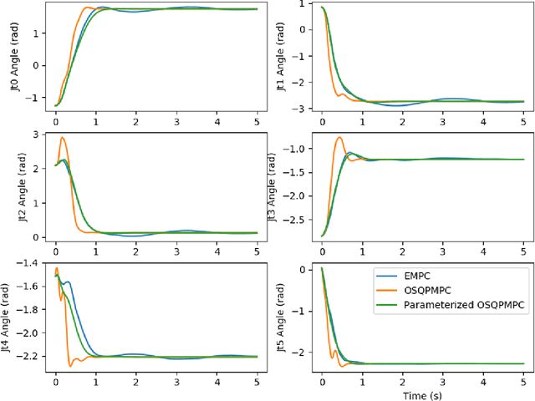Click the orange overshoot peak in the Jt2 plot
(x=63, y=138)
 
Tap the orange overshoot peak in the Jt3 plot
(x=339, y=137)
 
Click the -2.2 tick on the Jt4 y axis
(x=33, y=357)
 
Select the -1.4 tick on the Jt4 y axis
(x=33, y=263)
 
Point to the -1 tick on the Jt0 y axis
(x=37, y=97)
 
